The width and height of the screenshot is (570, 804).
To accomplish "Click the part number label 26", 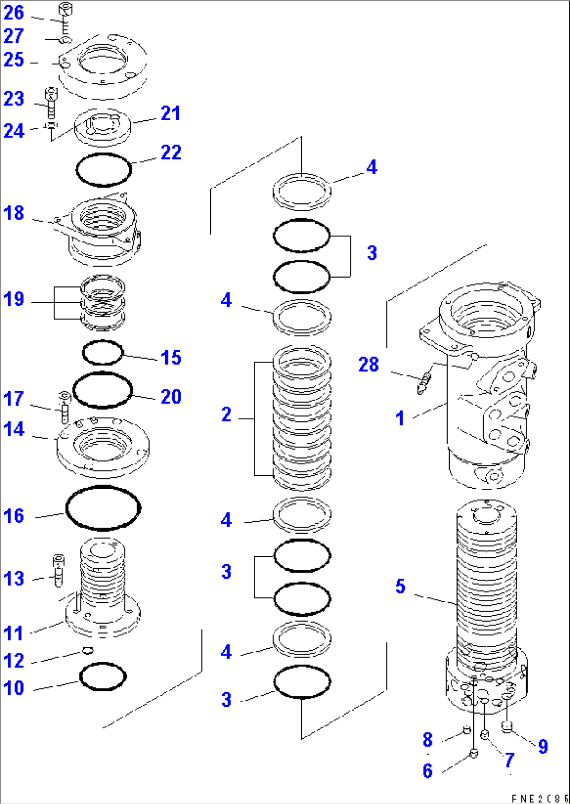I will (14, 13).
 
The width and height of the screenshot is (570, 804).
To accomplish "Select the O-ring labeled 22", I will (104, 169).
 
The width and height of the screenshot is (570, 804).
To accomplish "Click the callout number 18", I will (14, 213).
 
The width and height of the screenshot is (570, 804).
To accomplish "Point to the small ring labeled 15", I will (103, 352).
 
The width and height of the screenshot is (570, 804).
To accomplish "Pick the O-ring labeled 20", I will (102, 389).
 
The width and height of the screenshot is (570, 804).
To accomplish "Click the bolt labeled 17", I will (64, 407).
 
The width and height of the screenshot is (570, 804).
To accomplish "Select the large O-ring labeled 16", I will (103, 508).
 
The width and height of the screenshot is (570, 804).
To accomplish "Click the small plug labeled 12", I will (88, 650).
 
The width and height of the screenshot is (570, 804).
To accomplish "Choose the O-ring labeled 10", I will (103, 677).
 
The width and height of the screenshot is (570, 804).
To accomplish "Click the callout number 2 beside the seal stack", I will (226, 415).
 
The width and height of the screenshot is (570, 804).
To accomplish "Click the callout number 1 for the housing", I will (400, 418).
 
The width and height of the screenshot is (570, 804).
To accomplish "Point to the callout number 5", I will (400, 586).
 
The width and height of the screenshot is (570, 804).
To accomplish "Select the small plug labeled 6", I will (473, 753).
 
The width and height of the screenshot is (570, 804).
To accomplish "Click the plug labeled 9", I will (506, 726).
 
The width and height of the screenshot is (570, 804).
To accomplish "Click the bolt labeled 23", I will (51, 102).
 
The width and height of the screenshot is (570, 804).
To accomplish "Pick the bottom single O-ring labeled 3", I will (302, 681).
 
